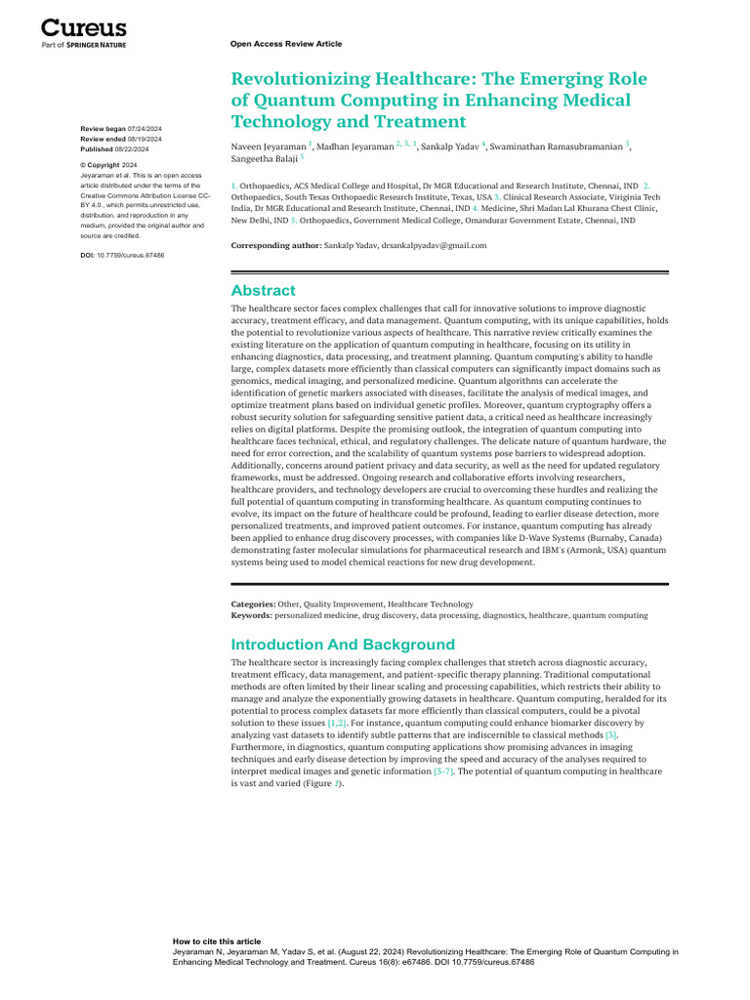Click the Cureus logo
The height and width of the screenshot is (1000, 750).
pos(83,30)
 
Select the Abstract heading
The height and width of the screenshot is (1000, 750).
pos(263,290)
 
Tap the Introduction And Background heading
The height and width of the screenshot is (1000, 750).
pos(343,644)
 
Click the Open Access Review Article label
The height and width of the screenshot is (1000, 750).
pos(286,44)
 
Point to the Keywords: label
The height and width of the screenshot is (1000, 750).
pos(252,616)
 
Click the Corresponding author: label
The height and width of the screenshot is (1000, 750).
pos(275,245)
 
